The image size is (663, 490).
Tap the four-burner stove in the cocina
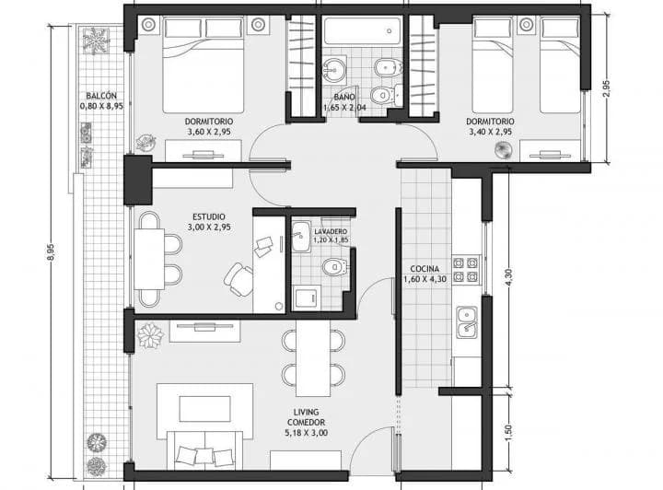point(465,267)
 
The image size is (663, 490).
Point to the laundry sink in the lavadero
point(299,234)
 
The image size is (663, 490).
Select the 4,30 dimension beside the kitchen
point(509,277)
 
